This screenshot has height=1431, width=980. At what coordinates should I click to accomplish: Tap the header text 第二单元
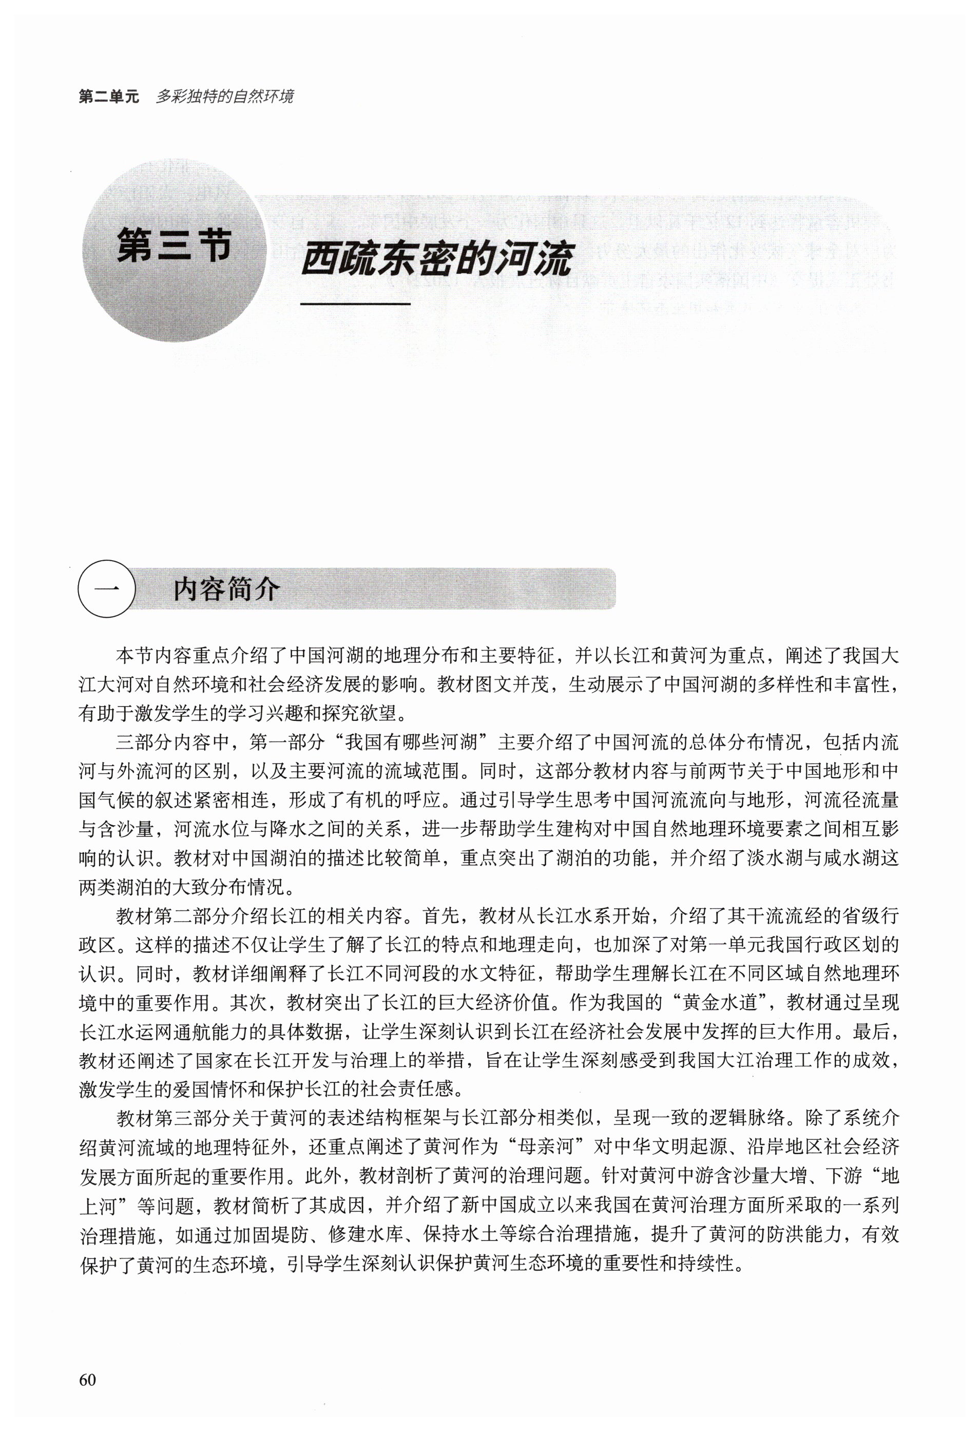[x=109, y=97]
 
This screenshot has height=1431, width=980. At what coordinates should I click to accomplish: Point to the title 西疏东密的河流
[x=437, y=259]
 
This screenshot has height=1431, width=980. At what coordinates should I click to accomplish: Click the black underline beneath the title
[x=355, y=303]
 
